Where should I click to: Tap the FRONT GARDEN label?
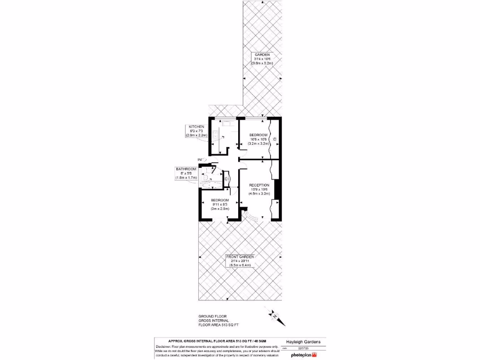(240, 257)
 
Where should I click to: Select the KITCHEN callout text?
(196, 127)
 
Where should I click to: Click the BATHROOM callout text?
(186, 169)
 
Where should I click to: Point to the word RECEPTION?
(259, 185)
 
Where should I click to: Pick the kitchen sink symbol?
(228, 124)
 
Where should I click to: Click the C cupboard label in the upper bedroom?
(275, 139)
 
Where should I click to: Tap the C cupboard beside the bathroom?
(226, 179)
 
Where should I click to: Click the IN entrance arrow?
(200, 160)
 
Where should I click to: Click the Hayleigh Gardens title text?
(303, 342)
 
